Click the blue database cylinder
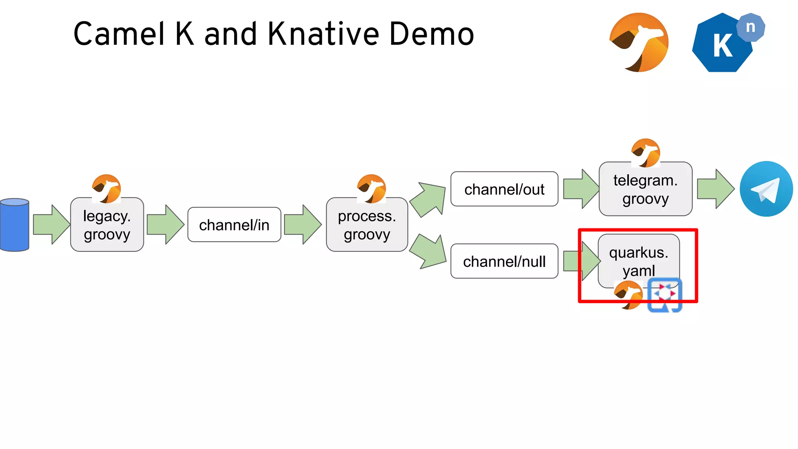[x=15, y=225]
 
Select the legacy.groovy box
[x=107, y=225]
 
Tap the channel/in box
[x=234, y=225]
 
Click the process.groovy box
[x=367, y=225]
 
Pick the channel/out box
[x=504, y=189]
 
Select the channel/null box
[x=504, y=261]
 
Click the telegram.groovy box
[x=645, y=189]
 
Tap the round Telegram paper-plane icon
[x=766, y=189]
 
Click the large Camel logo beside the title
[x=639, y=42]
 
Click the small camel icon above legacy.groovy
[x=106, y=189]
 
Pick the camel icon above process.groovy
[x=371, y=189]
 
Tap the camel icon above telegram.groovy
[x=646, y=153]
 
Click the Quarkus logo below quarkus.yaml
[x=665, y=295]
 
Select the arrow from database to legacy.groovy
[x=51, y=224]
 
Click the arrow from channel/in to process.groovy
[x=302, y=224]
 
